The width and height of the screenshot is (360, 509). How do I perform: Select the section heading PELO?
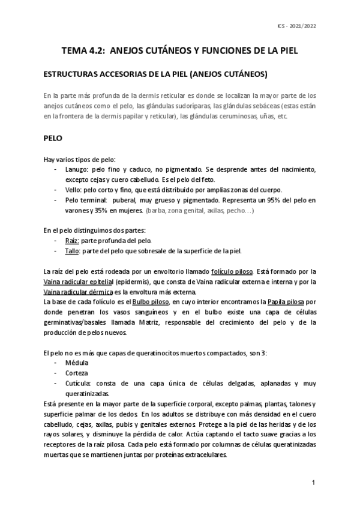[54, 137]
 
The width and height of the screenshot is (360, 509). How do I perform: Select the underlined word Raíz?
[73, 240]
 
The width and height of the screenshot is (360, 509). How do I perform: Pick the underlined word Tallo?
[73, 250]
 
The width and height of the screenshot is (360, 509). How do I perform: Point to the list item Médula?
[77, 363]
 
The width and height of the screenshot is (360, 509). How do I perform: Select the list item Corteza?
[77, 373]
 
